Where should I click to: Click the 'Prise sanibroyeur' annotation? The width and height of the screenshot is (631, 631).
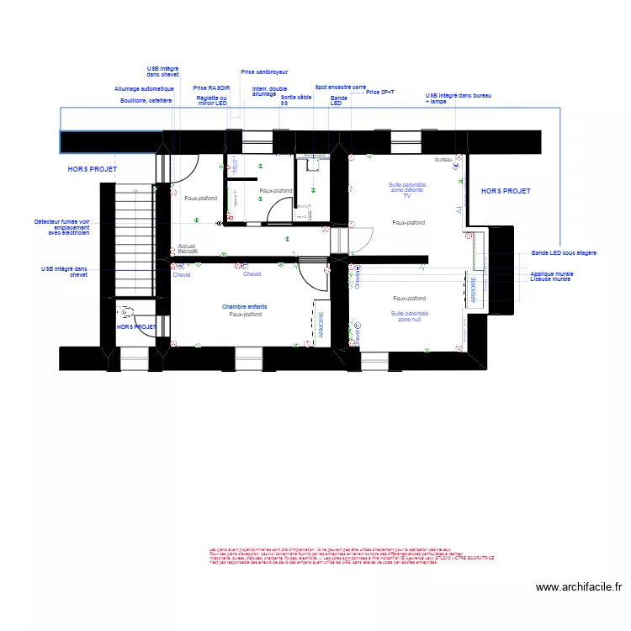(263, 72)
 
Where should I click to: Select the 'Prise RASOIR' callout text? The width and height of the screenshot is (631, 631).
(211, 87)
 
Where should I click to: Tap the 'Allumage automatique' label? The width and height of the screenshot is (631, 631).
(144, 88)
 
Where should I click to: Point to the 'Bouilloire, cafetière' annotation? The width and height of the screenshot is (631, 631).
(146, 101)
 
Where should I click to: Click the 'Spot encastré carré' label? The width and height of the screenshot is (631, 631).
(340, 87)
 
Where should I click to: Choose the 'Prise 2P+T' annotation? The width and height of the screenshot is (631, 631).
(380, 93)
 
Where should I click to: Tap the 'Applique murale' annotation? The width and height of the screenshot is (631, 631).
(552, 273)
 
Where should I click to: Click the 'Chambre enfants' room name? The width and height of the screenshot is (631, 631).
(245, 307)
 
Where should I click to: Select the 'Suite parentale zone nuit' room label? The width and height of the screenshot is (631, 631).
(409, 316)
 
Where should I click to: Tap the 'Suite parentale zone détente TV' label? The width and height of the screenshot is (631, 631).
(406, 189)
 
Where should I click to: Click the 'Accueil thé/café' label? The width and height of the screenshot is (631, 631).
(188, 249)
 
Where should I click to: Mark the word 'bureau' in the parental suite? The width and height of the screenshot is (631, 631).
(443, 160)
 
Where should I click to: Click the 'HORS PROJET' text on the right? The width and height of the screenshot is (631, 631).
(506, 192)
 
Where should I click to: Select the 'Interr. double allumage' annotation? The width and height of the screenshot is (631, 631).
(269, 92)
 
